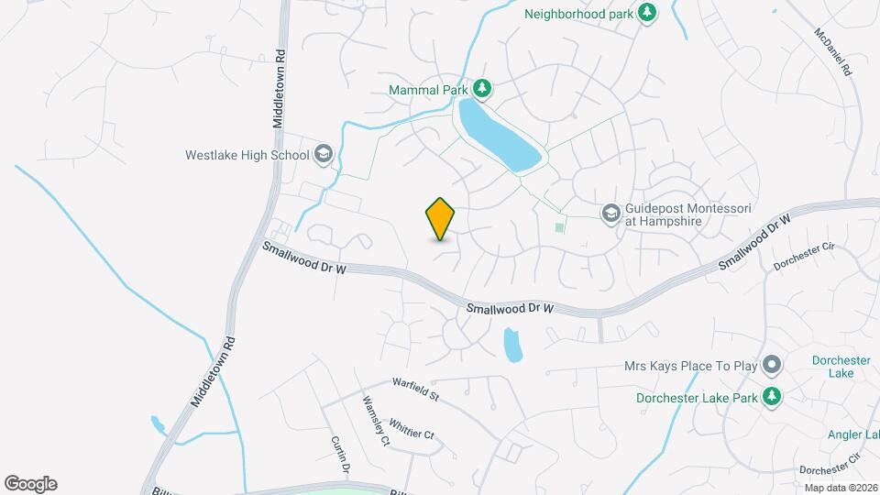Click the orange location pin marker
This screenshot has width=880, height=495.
pyautogui.click(x=441, y=218)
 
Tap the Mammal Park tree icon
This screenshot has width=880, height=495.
pyautogui.click(x=482, y=89)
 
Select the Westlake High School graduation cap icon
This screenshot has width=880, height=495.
pyautogui.click(x=323, y=154)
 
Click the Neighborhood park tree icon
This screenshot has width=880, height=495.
pyautogui.click(x=648, y=13)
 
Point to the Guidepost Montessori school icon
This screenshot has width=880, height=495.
pyautogui.click(x=610, y=214)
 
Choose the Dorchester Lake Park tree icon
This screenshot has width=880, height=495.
pyautogui.click(x=774, y=397)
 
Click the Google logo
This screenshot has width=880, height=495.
pyautogui.click(x=30, y=484)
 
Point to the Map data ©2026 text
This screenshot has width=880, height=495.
pyautogui.click(x=840, y=488)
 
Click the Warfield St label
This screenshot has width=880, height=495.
pyautogui.click(x=416, y=390)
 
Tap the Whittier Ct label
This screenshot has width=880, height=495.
pyautogui.click(x=412, y=429)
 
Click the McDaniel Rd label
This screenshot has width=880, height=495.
pyautogui.click(x=833, y=52)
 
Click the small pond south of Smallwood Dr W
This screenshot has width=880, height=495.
pyautogui.click(x=512, y=346)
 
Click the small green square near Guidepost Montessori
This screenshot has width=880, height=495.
pyautogui.click(x=559, y=226)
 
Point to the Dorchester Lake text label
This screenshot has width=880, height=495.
pyautogui.click(x=841, y=367)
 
